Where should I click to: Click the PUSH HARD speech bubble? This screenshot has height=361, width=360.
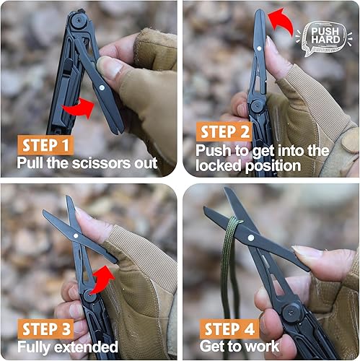[x=328, y=35]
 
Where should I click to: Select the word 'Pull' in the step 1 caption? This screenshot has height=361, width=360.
[x=30, y=162]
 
